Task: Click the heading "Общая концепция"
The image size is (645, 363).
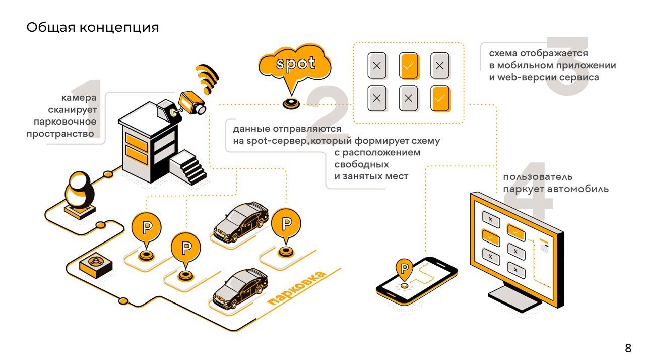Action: (x=92, y=27)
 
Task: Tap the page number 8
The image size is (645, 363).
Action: (x=628, y=348)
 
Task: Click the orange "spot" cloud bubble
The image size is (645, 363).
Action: (x=295, y=65)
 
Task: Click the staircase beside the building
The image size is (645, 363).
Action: (x=189, y=166)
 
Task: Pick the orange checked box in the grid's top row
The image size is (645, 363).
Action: (x=409, y=66)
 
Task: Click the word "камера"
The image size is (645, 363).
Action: (x=79, y=97)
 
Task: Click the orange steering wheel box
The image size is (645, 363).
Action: (x=96, y=264)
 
